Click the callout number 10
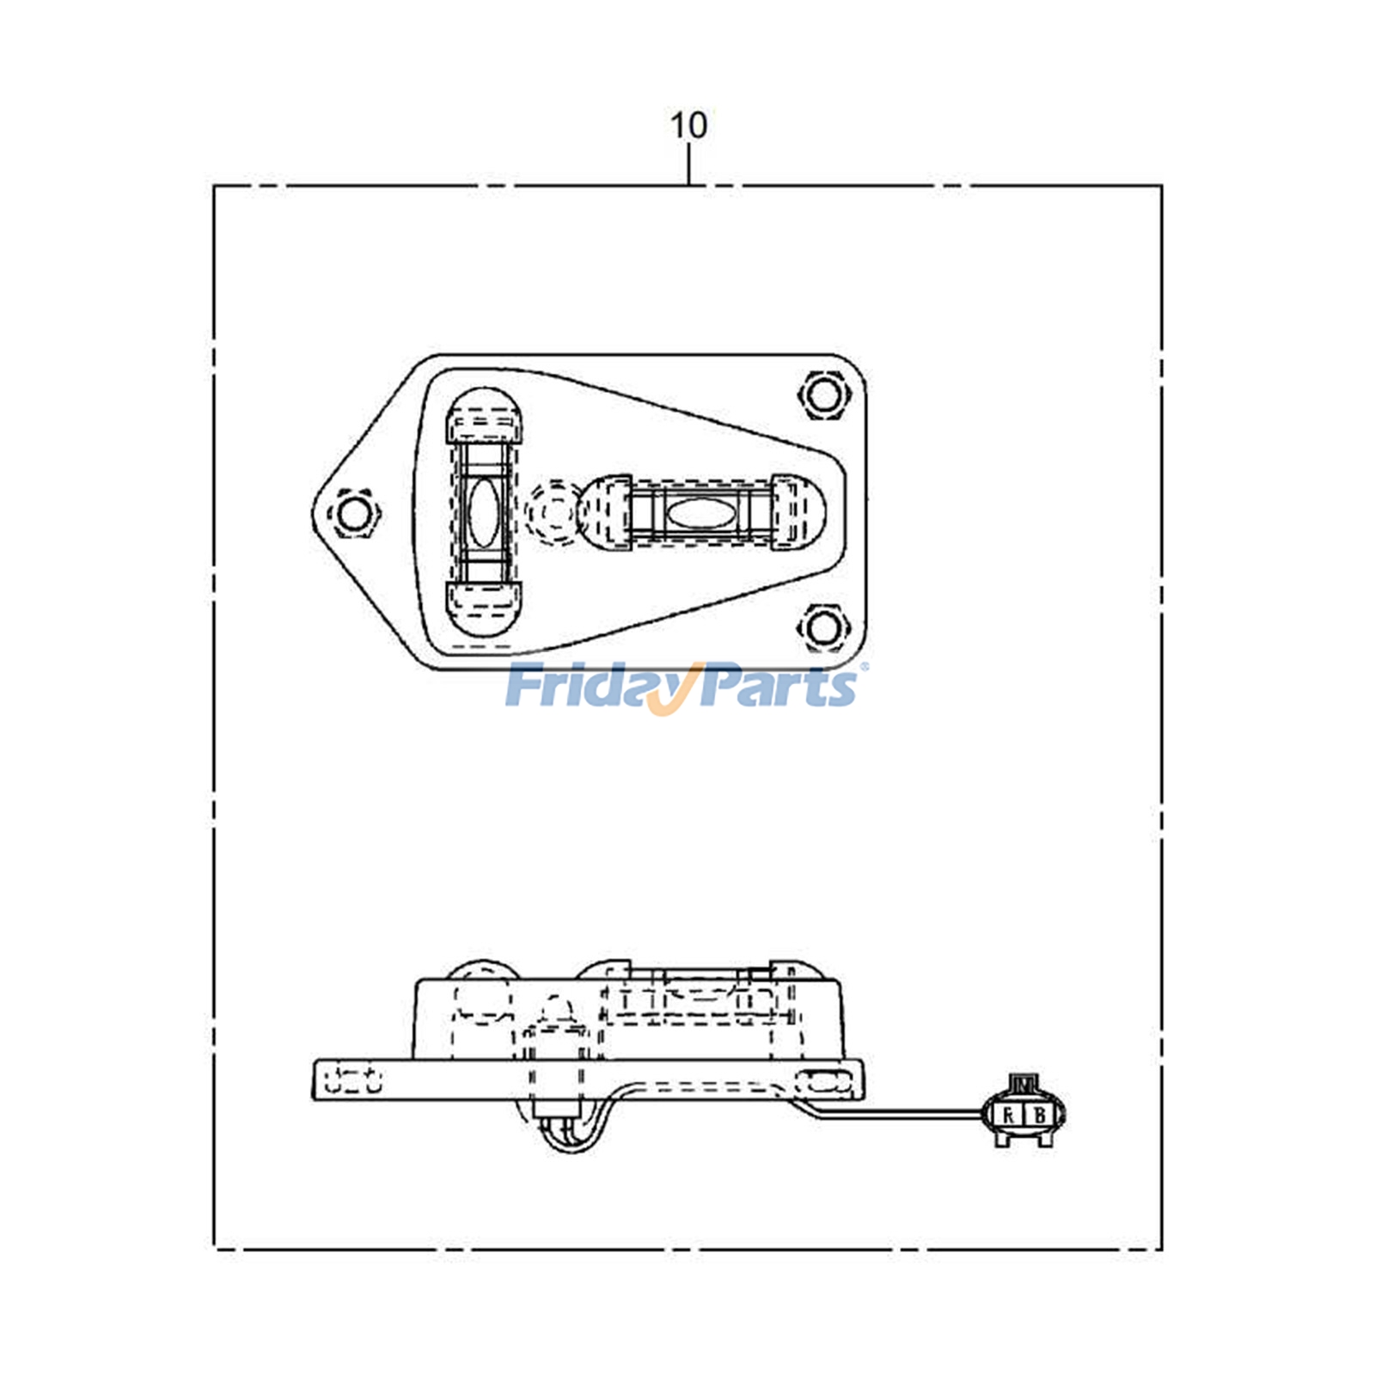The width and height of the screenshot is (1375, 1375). pos(688,125)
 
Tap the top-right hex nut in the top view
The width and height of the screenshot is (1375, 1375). pos(823,394)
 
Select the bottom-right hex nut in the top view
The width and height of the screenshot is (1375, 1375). pos(823,627)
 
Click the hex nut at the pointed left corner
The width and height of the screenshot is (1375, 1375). pos(352,514)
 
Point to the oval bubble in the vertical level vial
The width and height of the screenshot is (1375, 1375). pos(482,513)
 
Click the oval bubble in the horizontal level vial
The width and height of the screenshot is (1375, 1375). pos(701,513)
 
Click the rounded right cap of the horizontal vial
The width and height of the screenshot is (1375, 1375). pos(798,512)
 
